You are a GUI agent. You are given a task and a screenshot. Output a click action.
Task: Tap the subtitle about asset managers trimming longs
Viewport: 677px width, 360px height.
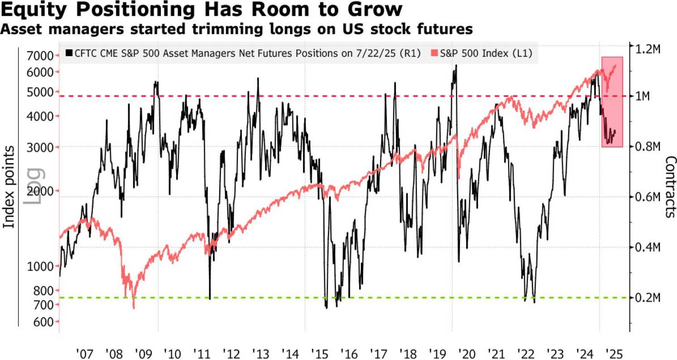[x=237, y=29]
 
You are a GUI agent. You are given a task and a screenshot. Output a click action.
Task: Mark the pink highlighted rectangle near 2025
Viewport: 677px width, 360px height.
[x=612, y=102]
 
